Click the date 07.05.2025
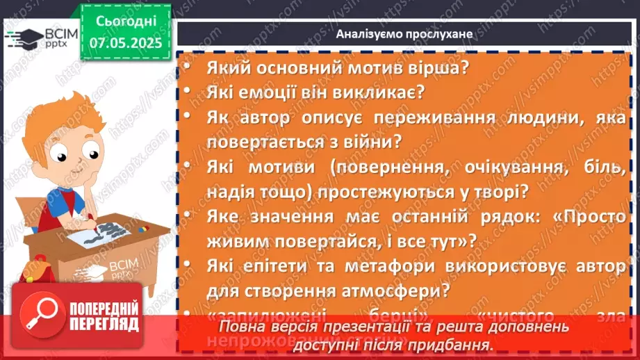tap(126, 42)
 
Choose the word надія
tap(230, 191)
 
